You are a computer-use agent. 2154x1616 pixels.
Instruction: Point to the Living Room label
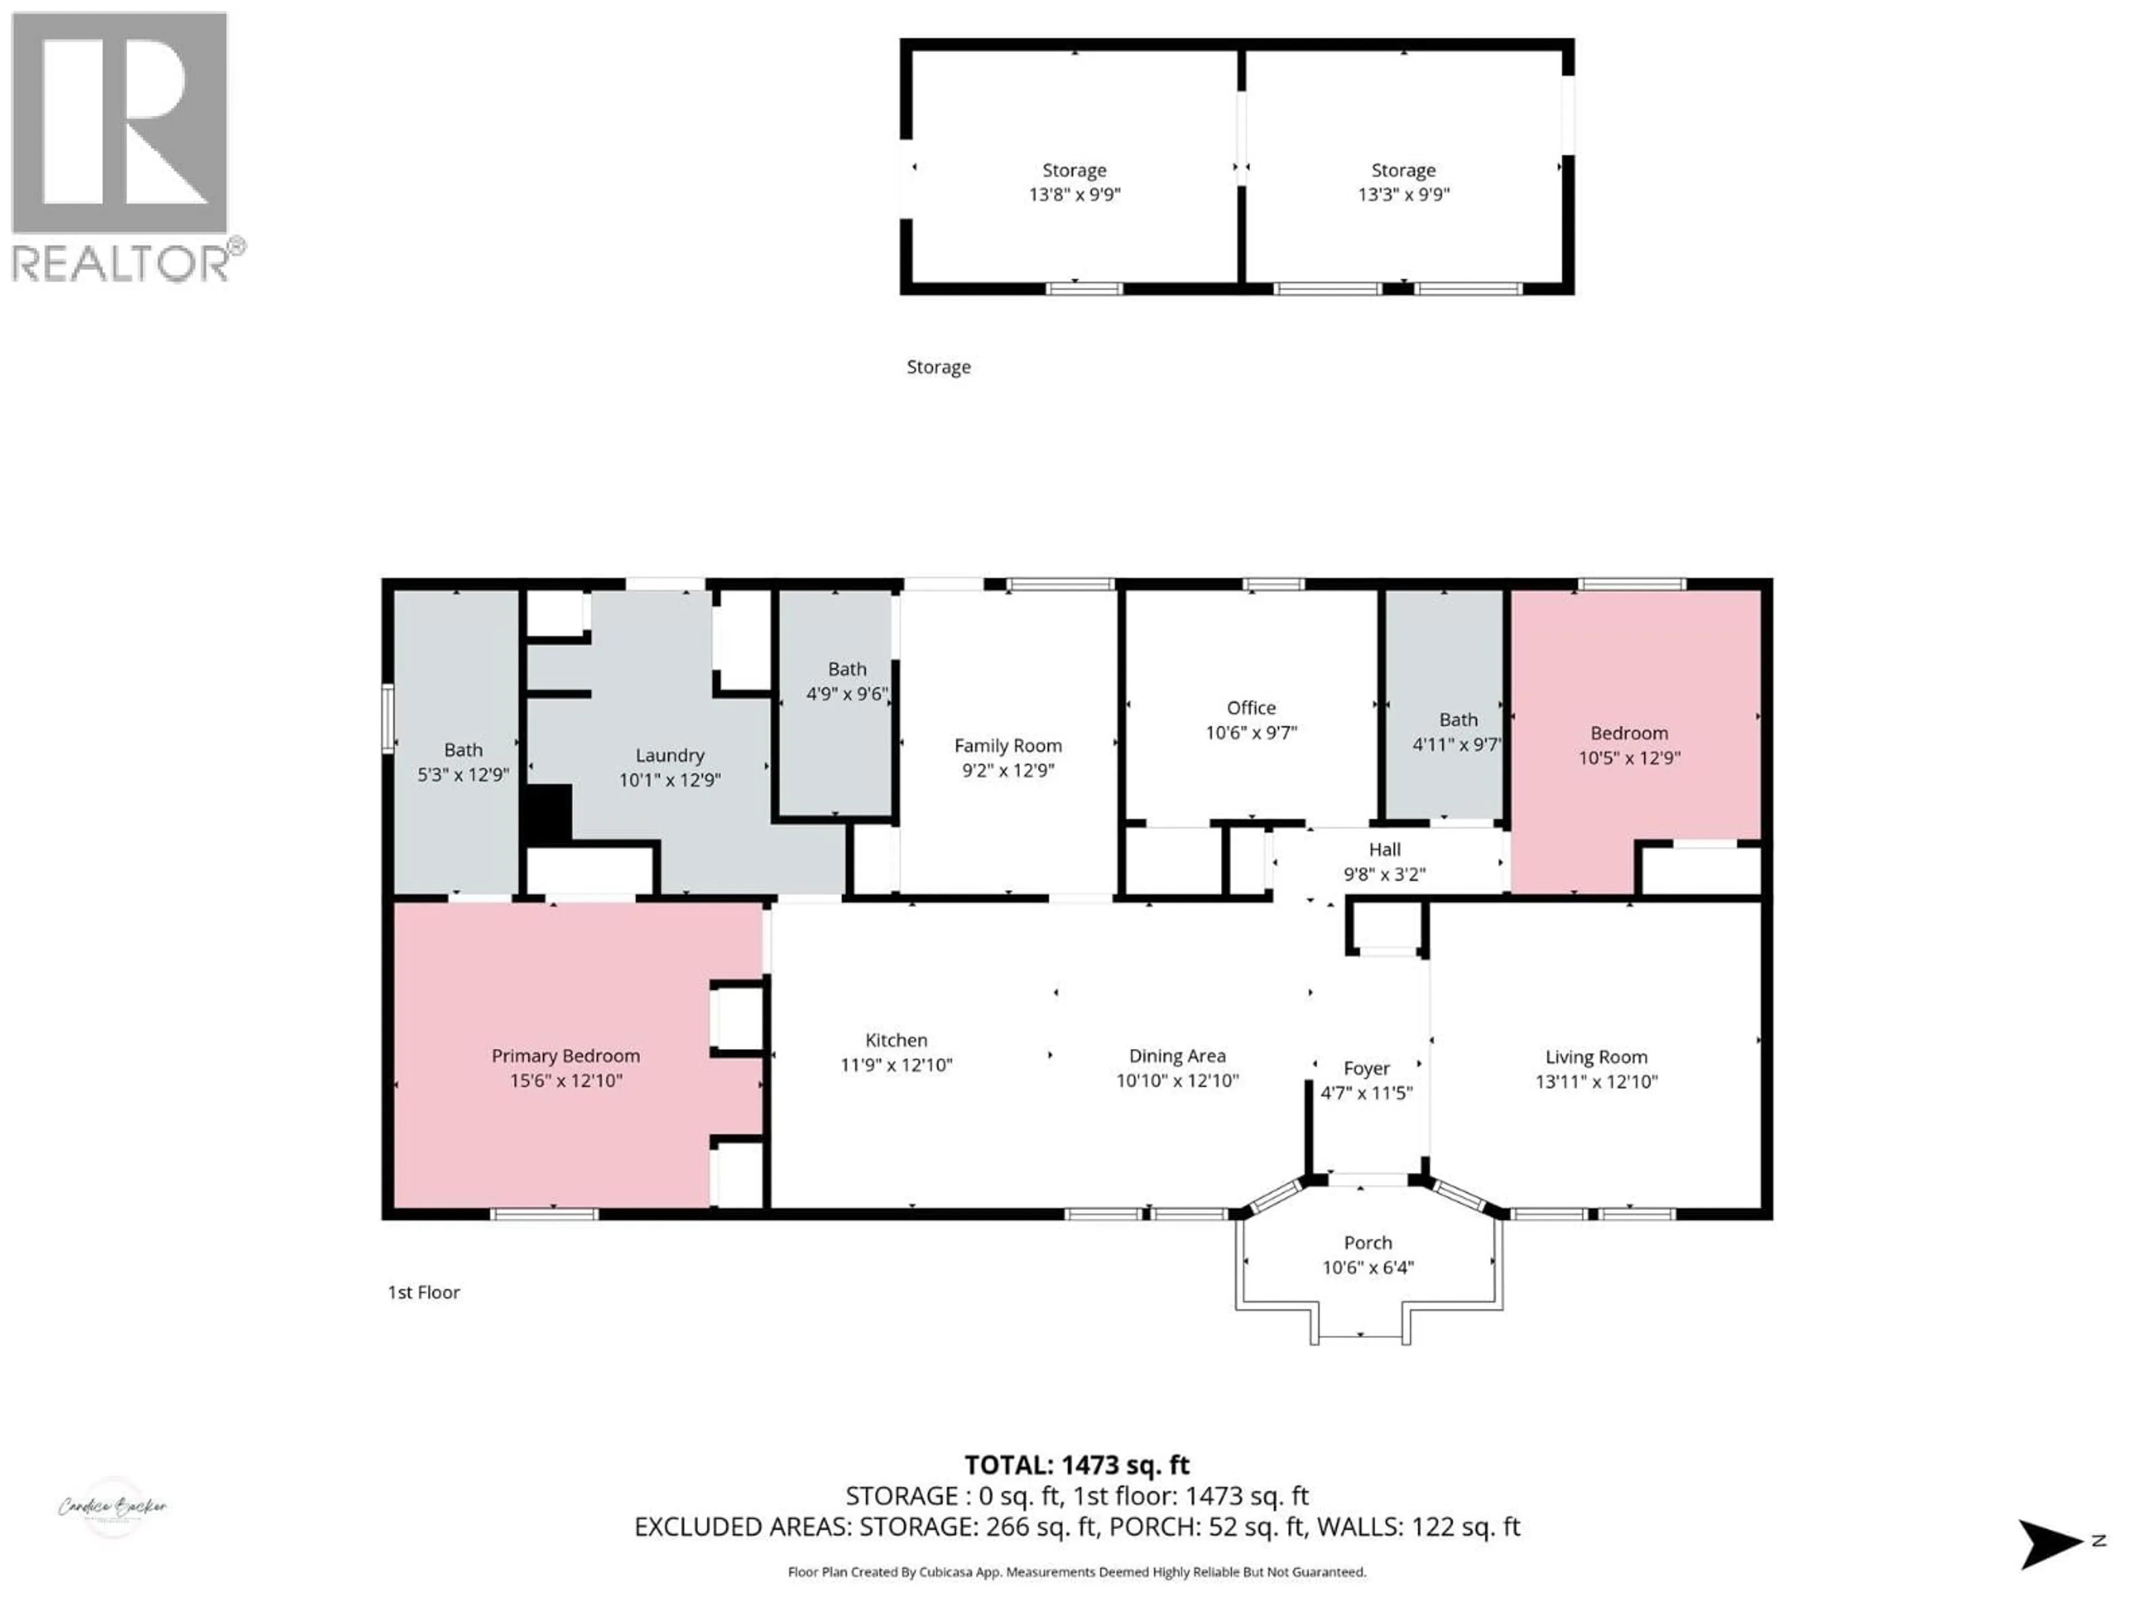coord(1596,1057)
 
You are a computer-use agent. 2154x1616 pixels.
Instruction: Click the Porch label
coord(1367,1243)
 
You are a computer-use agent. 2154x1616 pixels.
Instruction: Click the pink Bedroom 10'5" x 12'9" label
coord(1628,733)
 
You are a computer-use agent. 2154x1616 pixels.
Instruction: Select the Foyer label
coord(1366,1068)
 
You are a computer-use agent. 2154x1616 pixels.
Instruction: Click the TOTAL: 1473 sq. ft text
coord(1076,1465)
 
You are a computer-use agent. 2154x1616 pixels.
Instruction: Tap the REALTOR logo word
coord(121,263)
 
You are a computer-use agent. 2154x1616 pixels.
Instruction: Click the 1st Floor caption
coord(424,1293)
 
